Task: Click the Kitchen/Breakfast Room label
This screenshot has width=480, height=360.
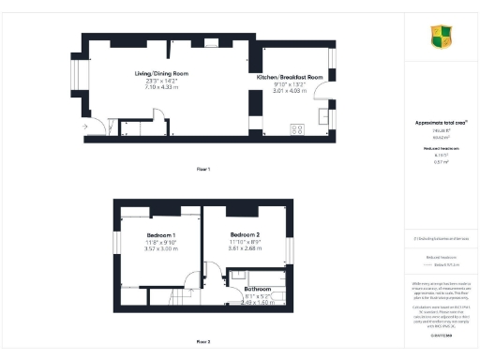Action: click(290, 76)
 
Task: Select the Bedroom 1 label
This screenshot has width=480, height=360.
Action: click(161, 234)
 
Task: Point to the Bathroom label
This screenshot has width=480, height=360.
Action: click(251, 289)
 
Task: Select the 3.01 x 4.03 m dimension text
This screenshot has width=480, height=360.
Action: click(290, 90)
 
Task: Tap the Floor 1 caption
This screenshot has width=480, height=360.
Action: click(202, 169)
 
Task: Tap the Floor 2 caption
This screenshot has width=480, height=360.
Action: click(202, 340)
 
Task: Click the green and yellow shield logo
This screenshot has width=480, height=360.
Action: click(440, 37)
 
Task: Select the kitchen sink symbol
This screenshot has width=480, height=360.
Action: click(323, 115)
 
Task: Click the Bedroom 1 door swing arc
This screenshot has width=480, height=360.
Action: click(194, 279)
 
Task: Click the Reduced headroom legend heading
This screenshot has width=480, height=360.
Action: click(433, 252)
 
